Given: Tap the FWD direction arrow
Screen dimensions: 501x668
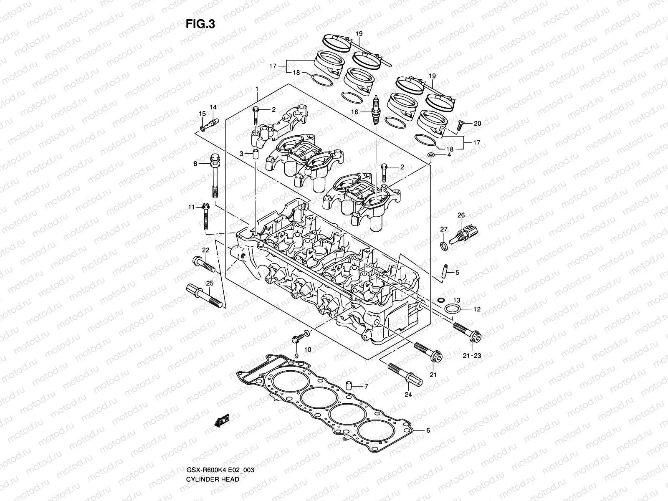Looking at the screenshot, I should (x=222, y=420).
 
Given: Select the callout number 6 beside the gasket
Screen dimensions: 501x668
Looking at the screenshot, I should (x=428, y=430).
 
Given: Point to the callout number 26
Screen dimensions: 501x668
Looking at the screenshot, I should (x=461, y=215).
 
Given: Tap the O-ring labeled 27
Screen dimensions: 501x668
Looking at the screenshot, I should (x=444, y=246).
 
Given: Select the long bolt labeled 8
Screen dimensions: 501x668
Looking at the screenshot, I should (x=215, y=177).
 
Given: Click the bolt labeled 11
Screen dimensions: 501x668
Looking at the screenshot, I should (x=205, y=217).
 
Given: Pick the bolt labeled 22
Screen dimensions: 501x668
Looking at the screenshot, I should (x=204, y=265).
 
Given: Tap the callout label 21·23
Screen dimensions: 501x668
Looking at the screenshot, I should (x=472, y=355).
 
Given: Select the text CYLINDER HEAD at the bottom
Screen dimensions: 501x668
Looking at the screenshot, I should (x=213, y=456).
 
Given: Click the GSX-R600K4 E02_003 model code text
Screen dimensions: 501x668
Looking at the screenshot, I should (x=220, y=447).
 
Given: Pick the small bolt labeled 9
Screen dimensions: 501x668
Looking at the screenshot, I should (x=296, y=339).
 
